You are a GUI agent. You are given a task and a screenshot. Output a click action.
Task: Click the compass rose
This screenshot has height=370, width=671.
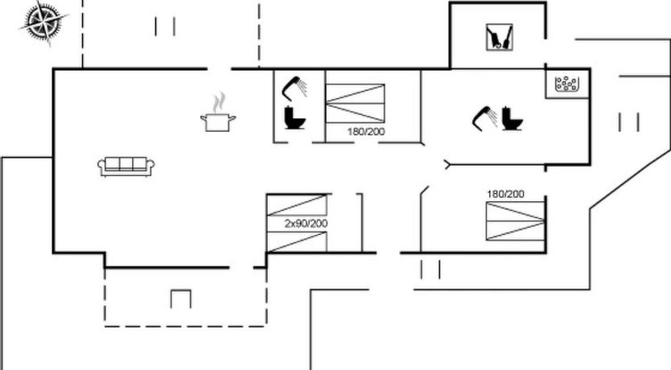pyautogui.click(x=42, y=22)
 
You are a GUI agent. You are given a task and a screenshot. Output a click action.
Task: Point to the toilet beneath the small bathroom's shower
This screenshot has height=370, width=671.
pyautogui.click(x=294, y=117)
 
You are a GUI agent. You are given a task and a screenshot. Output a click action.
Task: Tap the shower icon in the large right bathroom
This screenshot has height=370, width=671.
pyautogui.click(x=484, y=117)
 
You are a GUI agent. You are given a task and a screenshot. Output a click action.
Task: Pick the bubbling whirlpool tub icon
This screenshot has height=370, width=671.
pyautogui.click(x=568, y=83)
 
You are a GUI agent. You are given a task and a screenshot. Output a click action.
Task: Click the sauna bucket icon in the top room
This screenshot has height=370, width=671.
pyautogui.click(x=499, y=36)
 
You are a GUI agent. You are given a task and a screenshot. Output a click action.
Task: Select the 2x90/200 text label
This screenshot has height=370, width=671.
pyautogui.click(x=306, y=224)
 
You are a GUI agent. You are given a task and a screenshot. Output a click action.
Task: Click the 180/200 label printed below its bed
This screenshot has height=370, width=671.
pyautogui.click(x=366, y=131)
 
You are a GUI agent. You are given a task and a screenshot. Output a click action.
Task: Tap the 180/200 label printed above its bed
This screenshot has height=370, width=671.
pyautogui.click(x=504, y=194)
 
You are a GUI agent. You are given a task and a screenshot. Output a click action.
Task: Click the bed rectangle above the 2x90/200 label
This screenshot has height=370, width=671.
pyautogui.click(x=297, y=204)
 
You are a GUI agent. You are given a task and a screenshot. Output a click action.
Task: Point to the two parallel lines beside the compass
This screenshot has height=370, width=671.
pyautogui.click(x=165, y=27)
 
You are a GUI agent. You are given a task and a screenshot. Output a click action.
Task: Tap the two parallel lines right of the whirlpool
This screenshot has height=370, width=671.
pyautogui.click(x=629, y=122)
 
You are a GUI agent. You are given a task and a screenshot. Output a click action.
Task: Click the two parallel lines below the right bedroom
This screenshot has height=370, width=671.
pyautogui.click(x=430, y=269)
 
